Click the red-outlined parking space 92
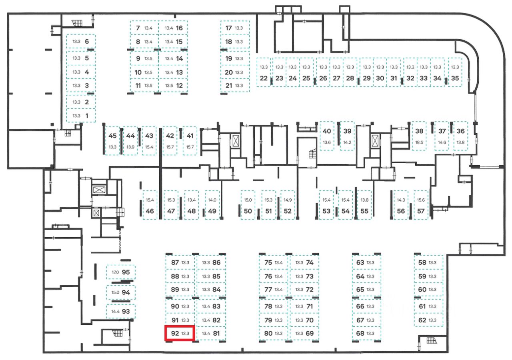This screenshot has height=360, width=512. click(x=180, y=333)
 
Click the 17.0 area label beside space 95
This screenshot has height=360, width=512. click(x=116, y=272)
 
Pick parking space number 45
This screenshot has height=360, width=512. click(x=112, y=136)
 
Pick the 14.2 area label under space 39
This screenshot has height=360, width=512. click(x=347, y=142)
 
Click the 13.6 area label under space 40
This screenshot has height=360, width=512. click(x=327, y=142)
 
